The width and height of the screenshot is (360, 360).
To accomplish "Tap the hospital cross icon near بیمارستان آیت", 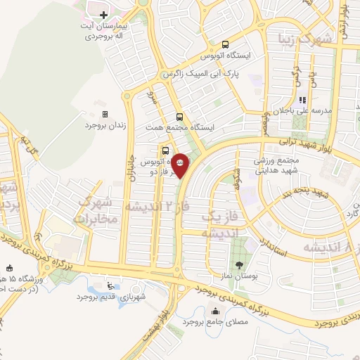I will pyautogui.click(x=103, y=14).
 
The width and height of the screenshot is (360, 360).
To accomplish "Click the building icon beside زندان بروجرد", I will pyautogui.click(x=105, y=114).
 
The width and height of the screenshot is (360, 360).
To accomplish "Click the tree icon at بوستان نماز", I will pyautogui.click(x=240, y=264).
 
